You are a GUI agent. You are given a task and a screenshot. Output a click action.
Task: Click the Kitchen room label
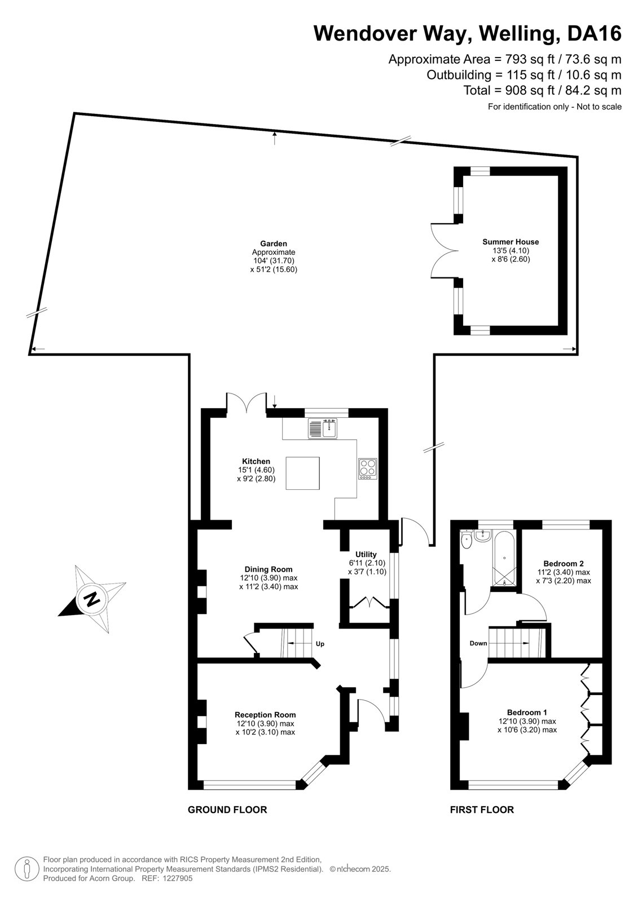tap(256, 461)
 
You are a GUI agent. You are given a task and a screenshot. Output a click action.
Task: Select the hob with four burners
tap(368, 469)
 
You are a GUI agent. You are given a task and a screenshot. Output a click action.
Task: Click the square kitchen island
tap(303, 473)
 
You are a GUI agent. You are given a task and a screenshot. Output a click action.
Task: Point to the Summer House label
tap(511, 242)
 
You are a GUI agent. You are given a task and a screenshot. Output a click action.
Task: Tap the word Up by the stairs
tap(320, 644)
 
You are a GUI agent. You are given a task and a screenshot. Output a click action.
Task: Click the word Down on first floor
tap(478, 643)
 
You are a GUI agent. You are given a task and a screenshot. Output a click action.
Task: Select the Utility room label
tap(366, 554)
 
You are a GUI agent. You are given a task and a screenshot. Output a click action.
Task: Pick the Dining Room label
tap(269, 569)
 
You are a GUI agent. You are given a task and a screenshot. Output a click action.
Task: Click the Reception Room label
tap(265, 715)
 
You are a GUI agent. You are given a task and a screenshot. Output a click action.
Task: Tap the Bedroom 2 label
tap(564, 563)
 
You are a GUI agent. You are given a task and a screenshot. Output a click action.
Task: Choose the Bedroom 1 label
tap(527, 712)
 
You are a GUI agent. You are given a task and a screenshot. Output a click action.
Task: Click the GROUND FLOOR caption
tap(227, 810)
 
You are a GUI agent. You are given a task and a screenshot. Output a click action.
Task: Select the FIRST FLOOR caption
tap(482, 810)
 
